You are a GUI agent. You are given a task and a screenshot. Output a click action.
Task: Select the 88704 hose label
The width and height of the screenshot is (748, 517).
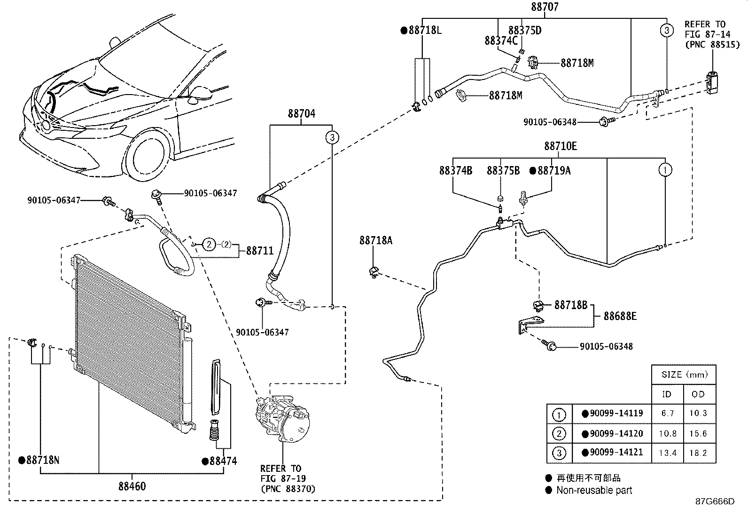302,113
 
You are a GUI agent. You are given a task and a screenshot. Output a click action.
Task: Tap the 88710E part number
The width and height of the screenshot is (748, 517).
561,146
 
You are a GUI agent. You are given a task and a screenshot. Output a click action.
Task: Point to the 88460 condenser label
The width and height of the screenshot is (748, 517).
132,485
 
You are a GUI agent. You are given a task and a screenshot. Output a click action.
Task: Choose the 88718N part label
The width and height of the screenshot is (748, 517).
43,460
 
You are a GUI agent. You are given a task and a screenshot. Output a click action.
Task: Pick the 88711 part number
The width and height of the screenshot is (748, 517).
260,251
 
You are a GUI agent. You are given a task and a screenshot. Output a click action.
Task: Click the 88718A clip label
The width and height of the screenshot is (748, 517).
376,240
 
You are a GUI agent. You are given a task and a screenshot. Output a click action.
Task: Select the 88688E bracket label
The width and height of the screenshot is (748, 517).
620,316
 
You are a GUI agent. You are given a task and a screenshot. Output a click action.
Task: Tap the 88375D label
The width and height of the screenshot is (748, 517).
525,31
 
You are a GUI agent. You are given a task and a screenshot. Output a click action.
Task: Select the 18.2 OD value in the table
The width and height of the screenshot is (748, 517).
699,453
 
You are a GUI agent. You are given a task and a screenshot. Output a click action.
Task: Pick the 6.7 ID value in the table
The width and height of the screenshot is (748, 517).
667,413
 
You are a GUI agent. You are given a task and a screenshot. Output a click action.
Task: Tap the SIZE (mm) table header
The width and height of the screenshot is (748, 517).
684,375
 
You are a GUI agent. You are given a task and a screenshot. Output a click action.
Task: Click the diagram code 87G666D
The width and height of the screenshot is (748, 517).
715,501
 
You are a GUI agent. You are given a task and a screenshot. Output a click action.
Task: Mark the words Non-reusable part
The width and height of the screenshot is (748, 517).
594,490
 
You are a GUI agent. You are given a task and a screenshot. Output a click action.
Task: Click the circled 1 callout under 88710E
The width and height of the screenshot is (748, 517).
665,170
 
